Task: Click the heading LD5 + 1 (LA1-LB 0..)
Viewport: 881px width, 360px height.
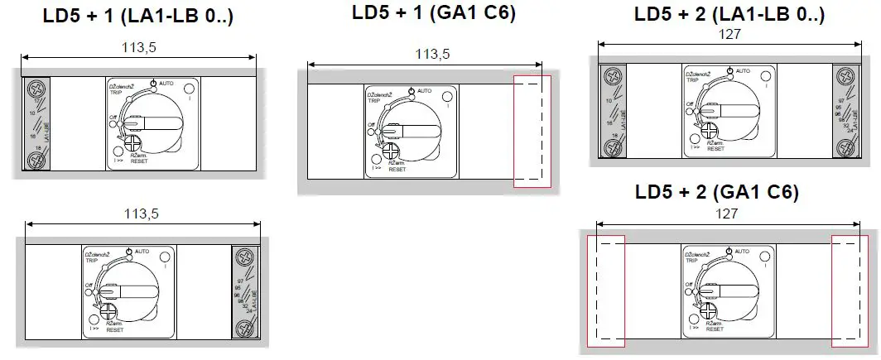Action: [137, 16]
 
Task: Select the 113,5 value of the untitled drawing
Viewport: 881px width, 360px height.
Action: [142, 214]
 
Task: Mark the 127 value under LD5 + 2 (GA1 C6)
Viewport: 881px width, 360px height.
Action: [729, 213]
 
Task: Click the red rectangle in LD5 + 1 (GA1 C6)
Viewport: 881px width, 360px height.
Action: [532, 130]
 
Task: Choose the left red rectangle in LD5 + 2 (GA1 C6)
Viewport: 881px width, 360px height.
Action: [605, 290]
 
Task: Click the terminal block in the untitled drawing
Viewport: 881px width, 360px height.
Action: [245, 291]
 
